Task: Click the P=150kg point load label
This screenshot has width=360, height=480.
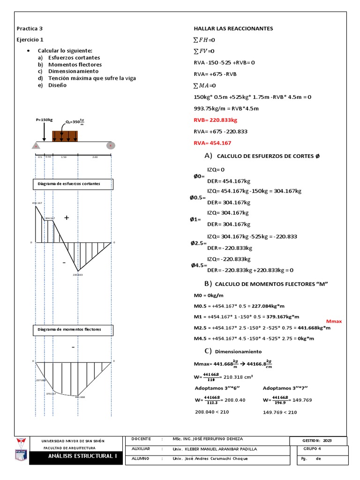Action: point(44,120)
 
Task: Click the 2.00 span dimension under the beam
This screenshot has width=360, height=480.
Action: point(95,157)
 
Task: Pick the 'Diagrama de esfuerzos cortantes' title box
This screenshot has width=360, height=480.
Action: point(72,184)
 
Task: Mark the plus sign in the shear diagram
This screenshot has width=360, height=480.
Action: point(66,218)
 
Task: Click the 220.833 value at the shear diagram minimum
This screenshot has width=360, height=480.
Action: point(77,275)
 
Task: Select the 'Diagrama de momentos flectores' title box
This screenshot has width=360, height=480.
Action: point(72,330)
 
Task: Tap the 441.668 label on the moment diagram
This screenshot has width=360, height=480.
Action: point(80,397)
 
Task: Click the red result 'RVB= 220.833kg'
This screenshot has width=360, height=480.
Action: point(215,120)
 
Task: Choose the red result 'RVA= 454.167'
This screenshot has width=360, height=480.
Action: point(212,142)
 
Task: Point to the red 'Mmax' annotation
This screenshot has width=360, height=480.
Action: point(334,321)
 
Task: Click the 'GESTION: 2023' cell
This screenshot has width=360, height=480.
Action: point(319,441)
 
